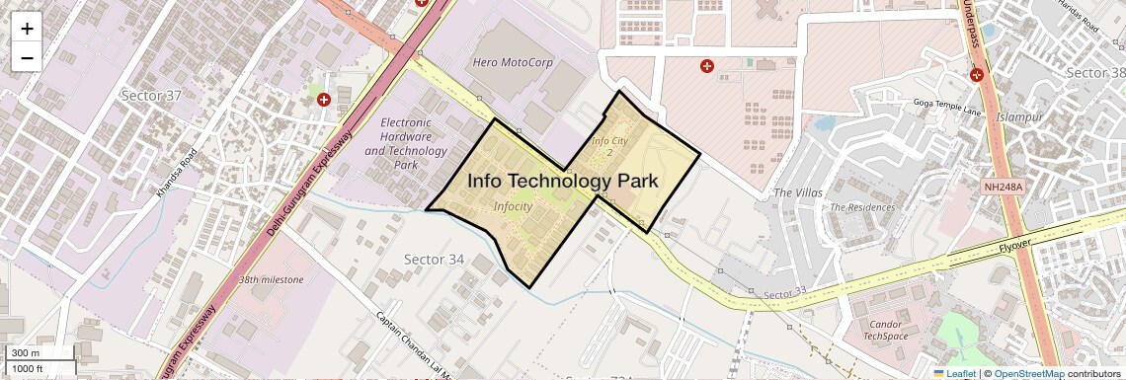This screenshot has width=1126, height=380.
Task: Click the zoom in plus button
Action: pos(27,29)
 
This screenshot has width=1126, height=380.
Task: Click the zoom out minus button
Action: pos(27,57)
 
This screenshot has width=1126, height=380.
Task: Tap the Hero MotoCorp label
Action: pos(514,63)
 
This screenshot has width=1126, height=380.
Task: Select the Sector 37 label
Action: pos(151,96)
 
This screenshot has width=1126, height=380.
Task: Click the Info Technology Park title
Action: pos(562,182)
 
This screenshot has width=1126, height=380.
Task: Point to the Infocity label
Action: pos(513,207)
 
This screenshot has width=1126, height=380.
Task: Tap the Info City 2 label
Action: pos(609,146)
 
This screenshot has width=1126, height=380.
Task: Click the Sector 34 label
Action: pos(434,259)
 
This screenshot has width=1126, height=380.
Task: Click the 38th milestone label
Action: pos(271,280)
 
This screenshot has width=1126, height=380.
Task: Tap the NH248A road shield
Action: pos(1003,187)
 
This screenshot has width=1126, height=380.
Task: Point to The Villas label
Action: pos(798,192)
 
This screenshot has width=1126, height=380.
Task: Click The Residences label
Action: pos(862,208)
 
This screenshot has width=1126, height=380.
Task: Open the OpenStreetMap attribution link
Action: pos(1028,374)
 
